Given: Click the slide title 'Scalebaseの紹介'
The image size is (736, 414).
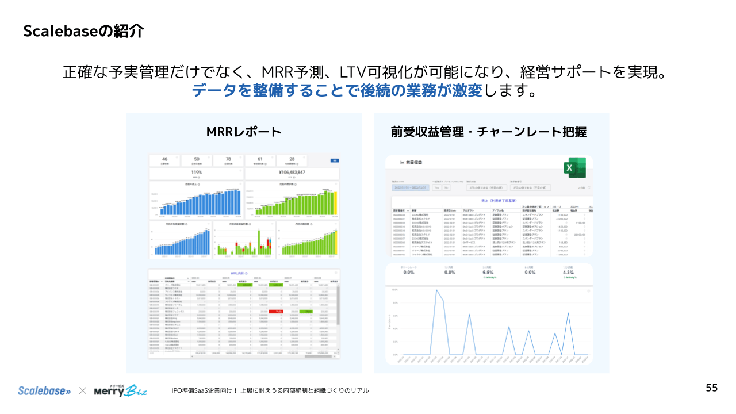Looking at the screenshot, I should (x=83, y=31).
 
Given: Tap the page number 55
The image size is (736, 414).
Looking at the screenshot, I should (x=712, y=388).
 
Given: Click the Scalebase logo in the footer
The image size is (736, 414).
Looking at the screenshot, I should (x=44, y=390).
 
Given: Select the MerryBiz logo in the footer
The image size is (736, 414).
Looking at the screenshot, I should (x=121, y=390).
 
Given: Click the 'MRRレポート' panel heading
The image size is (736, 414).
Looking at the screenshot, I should (x=244, y=132).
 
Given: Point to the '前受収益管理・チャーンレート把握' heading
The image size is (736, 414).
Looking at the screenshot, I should (x=489, y=132).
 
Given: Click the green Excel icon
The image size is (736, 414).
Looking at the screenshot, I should (x=574, y=168).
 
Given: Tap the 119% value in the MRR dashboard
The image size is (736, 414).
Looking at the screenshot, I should (x=195, y=172).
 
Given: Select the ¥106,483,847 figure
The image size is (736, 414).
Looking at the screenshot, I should (x=292, y=172).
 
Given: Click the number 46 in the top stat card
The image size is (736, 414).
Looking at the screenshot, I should (x=164, y=159).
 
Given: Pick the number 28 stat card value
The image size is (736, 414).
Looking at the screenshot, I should (x=292, y=159).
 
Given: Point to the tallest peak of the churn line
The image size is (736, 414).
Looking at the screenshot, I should (x=437, y=290).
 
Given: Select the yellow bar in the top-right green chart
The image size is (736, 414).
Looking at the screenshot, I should (x=335, y=202).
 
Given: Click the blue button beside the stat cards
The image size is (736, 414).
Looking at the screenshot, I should (x=334, y=160).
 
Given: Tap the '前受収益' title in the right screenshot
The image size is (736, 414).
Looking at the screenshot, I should (x=414, y=163).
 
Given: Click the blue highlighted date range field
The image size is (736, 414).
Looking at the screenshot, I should (x=409, y=187).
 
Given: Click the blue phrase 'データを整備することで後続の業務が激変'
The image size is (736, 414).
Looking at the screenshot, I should (x=337, y=90).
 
